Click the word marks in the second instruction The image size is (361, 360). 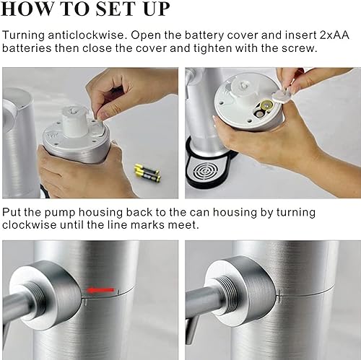(173, 224)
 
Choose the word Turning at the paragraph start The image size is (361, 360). (25, 35)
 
